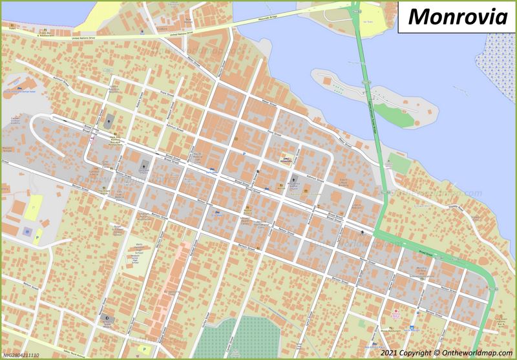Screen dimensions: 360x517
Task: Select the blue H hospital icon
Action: [26, 230]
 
